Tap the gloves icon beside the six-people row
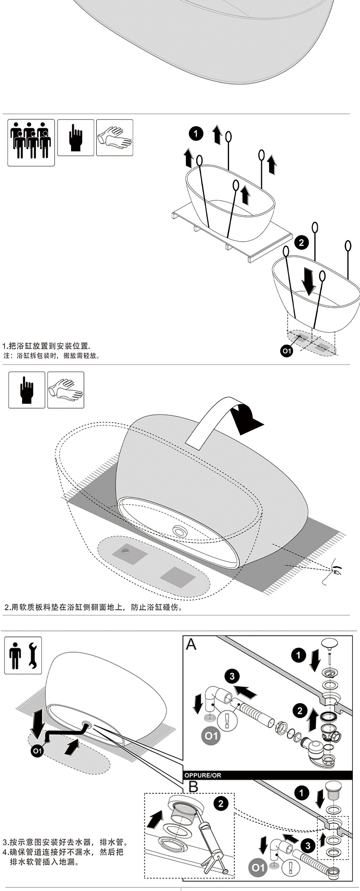pyautogui.click(x=115, y=137)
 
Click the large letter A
pyautogui.click(x=191, y=644)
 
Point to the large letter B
pyautogui.click(x=193, y=787)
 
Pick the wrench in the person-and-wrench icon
pyautogui.click(x=32, y=655)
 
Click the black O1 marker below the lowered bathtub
pyautogui.click(x=287, y=351)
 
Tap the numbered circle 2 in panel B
pyautogui.click(x=220, y=803)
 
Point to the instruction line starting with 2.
pyautogui.click(x=93, y=607)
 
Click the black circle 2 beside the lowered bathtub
pyautogui.click(x=301, y=243)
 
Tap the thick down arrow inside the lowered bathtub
pyautogui.click(x=309, y=280)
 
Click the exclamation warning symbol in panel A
pyautogui.click(x=227, y=720)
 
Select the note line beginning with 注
pyautogui.click(x=51, y=355)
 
